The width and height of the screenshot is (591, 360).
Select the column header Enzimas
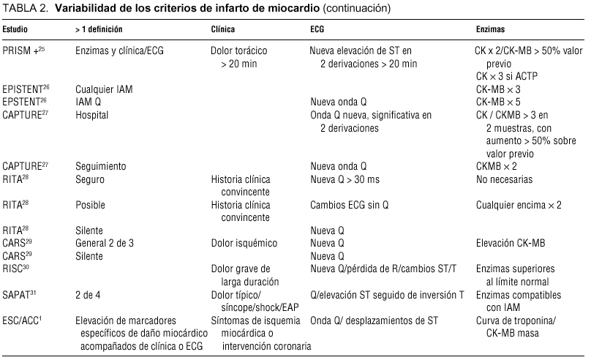point(492,31)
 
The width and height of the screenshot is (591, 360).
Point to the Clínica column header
point(223,31)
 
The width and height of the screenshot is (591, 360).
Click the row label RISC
point(16,269)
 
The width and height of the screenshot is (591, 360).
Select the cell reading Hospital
point(92,115)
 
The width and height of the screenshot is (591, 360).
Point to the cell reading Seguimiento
point(100,166)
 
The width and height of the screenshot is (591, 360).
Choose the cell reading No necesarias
point(505,179)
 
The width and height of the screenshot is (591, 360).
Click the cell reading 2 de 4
point(88,294)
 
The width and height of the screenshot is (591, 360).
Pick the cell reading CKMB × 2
point(495,166)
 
